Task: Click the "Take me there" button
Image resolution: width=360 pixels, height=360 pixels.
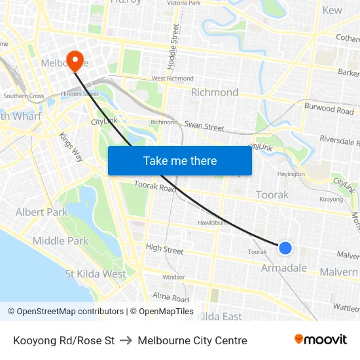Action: coord(180,160)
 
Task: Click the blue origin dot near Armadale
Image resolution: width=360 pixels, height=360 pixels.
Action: coord(285,248)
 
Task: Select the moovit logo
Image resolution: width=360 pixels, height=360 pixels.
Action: coord(321,340)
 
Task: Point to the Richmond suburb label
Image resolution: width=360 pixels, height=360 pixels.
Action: coord(215,92)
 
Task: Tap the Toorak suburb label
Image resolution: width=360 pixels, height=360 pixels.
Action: coord(272,195)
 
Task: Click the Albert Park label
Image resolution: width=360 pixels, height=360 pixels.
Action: coord(41,212)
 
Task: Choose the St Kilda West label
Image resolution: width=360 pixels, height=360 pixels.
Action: coord(96,274)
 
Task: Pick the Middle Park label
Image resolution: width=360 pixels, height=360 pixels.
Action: coord(60,241)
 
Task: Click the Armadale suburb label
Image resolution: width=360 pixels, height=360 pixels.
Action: coord(284,268)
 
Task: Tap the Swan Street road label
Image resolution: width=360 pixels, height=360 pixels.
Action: coord(204,127)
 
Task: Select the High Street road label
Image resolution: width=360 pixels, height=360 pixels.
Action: coord(165,248)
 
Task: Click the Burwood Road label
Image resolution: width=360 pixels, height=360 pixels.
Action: coord(329,108)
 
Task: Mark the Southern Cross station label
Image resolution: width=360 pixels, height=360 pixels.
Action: coord(24,96)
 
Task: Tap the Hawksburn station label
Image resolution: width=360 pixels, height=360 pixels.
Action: coord(213,223)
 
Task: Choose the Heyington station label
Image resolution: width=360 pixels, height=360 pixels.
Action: coord(291,174)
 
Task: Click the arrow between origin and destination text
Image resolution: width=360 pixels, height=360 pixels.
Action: coord(126,340)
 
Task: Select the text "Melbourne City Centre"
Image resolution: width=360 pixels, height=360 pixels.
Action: coord(192,340)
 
